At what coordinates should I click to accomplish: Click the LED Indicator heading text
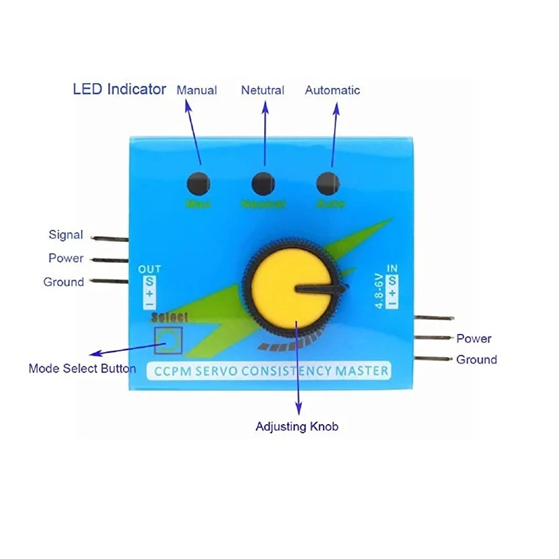tap(119, 89)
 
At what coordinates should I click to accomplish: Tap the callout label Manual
tap(196, 90)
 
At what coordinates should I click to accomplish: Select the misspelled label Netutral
tap(263, 90)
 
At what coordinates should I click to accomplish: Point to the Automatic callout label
tap(333, 90)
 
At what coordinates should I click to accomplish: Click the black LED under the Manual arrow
tap(198, 183)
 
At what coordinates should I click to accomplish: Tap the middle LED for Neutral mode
tap(263, 183)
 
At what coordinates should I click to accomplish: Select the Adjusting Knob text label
tap(297, 426)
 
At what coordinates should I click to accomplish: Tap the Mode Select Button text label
tap(82, 368)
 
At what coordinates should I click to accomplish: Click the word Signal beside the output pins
tap(66, 235)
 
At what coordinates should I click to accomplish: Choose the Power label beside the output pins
tap(66, 258)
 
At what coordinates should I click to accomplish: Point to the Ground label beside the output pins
tap(64, 282)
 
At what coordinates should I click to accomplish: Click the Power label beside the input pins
tap(474, 339)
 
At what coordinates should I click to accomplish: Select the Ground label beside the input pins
tap(477, 360)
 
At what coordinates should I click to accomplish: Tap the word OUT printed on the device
tap(150, 269)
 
